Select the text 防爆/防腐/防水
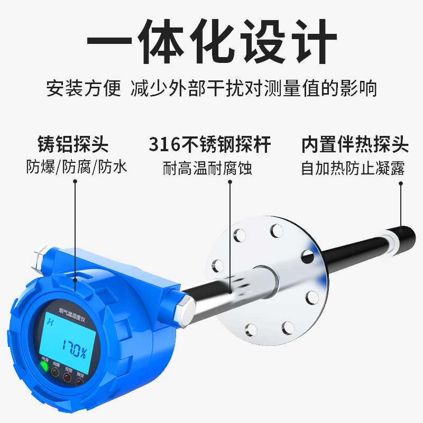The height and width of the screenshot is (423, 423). [77, 168]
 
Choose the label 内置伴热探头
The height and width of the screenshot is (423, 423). [355, 144]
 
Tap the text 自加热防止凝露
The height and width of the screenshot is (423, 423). [353, 168]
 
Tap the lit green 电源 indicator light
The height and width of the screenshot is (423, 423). [44, 366]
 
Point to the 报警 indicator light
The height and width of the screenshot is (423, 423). [67, 377]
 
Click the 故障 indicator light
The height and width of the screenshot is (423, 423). [56, 372]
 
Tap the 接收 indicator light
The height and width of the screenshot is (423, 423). [79, 380]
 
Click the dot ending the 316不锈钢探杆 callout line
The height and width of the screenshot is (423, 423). [231, 290]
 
